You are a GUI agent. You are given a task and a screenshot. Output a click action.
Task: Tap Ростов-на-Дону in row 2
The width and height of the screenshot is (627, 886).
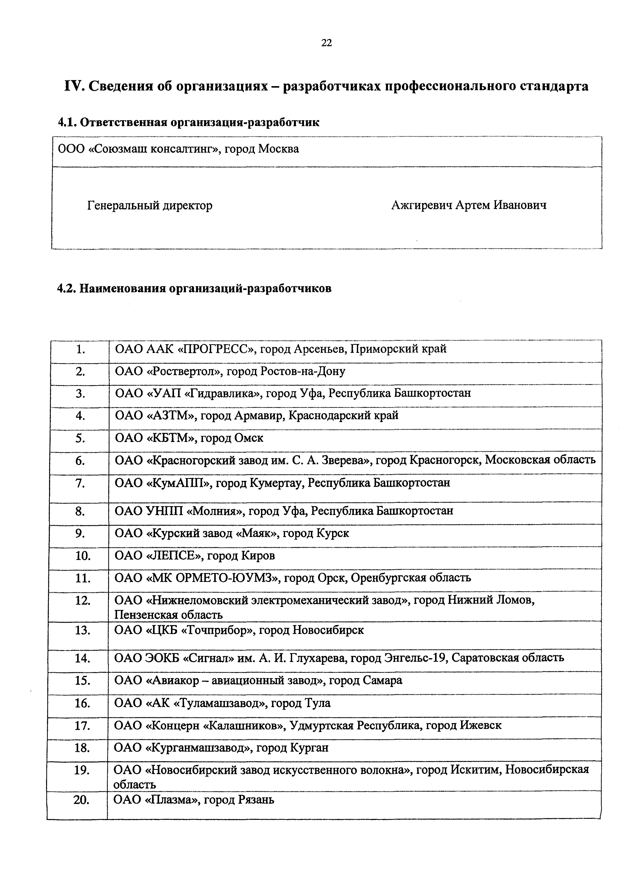(302, 371)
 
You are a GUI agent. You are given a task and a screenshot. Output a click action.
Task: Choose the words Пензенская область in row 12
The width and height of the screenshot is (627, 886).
(168, 615)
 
